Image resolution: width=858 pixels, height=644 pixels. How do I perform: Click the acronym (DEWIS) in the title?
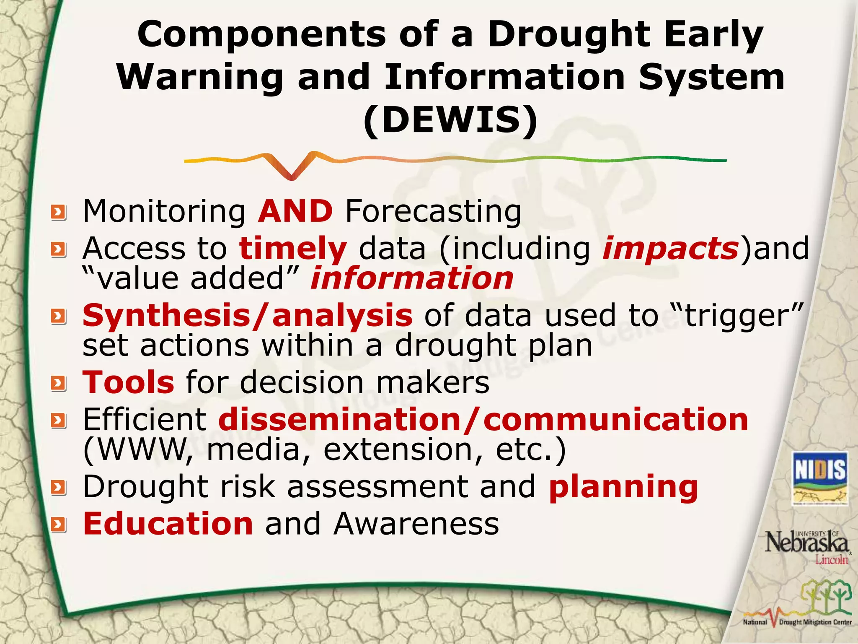click(450, 120)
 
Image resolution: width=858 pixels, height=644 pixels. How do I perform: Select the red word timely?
click(293, 249)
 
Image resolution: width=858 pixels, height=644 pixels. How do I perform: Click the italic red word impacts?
click(670, 249)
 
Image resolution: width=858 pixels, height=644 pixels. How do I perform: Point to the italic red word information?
click(412, 278)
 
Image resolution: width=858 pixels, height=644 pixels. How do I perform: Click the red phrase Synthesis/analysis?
click(247, 315)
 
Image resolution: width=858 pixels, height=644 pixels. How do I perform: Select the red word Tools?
click(128, 382)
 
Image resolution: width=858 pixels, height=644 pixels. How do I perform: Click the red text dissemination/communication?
click(483, 420)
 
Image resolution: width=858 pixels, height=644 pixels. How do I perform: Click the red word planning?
click(623, 487)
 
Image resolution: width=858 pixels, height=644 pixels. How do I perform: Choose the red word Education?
click(168, 524)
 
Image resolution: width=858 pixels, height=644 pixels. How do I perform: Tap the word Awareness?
click(416, 524)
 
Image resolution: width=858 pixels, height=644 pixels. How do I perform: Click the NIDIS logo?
click(820, 478)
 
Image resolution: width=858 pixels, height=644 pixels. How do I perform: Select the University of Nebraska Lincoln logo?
click(807, 547)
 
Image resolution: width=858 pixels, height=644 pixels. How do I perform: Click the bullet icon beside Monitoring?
click(59, 213)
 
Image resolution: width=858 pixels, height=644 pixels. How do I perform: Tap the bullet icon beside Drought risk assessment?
click(59, 488)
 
